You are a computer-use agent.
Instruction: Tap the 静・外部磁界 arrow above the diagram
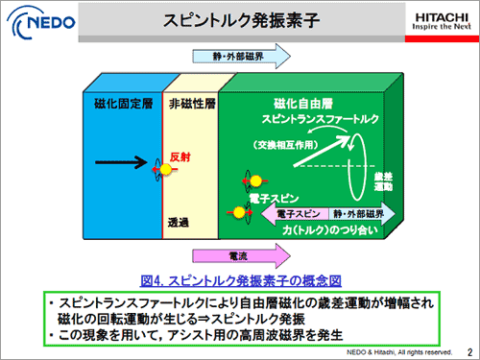[234, 58]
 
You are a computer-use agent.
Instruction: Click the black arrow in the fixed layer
[117, 165]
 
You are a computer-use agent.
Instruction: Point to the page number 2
[468, 350]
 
